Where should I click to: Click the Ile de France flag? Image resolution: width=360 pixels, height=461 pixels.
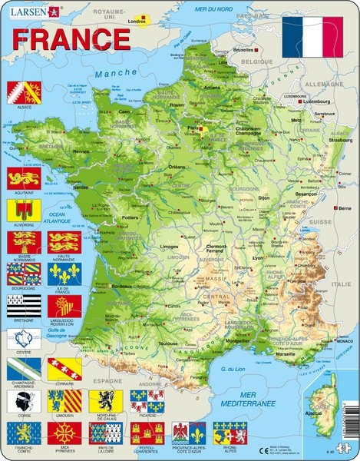click(x=63, y=274)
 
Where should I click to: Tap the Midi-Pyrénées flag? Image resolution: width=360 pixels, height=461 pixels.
click(x=63, y=433)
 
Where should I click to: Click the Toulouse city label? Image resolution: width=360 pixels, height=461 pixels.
click(x=167, y=343)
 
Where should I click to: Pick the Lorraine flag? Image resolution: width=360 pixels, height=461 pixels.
click(x=63, y=369)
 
